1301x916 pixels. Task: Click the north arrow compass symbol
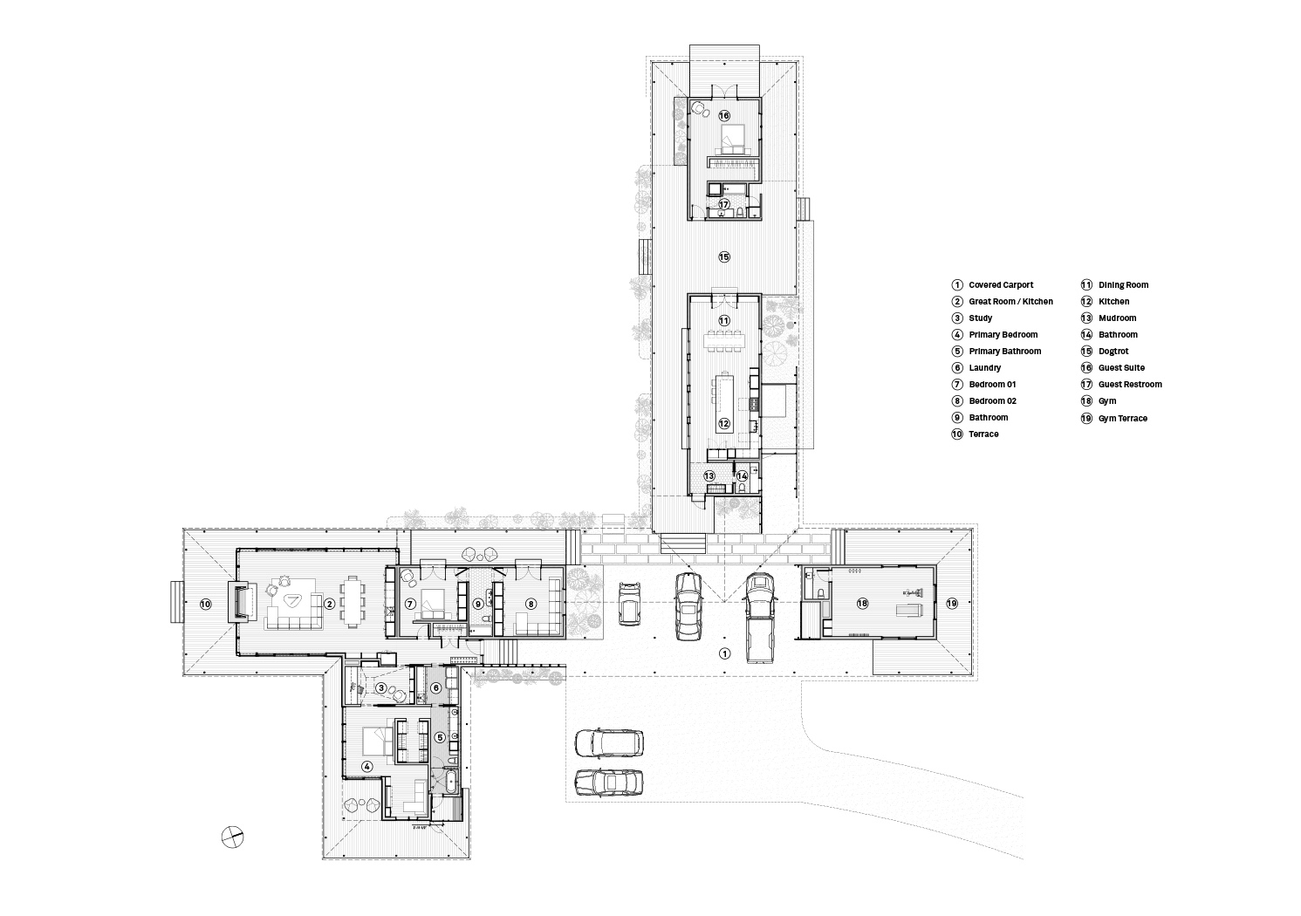[232, 837]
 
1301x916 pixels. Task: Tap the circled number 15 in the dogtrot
[723, 256]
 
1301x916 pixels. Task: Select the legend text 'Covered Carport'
[1001, 284]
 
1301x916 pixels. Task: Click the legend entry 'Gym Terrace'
[1123, 418]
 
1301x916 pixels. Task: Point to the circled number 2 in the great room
[329, 604]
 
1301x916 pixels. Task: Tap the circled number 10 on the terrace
[206, 604]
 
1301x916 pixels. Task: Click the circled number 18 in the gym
[862, 604]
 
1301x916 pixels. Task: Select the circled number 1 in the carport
[724, 653]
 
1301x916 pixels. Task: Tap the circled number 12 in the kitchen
[723, 423]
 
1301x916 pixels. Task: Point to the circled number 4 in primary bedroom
[366, 766]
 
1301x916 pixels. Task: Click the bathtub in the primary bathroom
[451, 782]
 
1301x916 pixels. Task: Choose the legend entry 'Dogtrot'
[1113, 351]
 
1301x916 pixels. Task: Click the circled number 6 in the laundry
[436, 687]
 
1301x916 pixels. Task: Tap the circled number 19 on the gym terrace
[952, 604]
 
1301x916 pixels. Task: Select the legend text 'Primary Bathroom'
[1005, 351]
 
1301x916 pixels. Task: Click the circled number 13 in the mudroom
[709, 475]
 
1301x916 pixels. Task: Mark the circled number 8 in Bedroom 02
[531, 604]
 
